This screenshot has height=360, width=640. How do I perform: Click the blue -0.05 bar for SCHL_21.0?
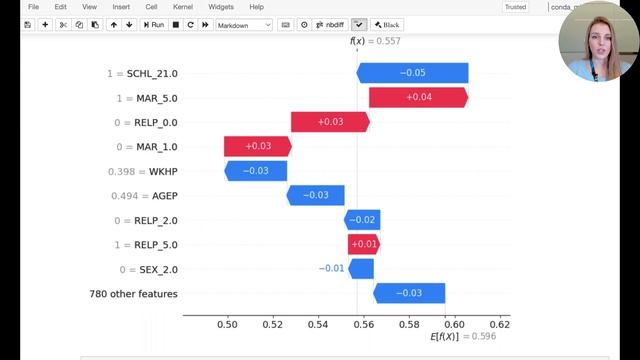[x=412, y=73]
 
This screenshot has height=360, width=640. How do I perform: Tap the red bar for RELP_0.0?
[x=330, y=122]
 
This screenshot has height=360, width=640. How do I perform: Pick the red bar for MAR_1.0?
[x=258, y=146]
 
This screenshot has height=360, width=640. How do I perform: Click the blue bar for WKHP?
[x=256, y=171]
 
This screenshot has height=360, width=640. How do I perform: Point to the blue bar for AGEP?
[x=315, y=195]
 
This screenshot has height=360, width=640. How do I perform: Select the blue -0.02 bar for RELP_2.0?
[x=362, y=220]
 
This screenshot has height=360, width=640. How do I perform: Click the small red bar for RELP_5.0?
[x=363, y=244]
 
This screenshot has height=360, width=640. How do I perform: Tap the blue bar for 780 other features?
[x=409, y=293]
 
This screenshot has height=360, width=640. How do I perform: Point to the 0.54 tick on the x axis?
[x=318, y=325]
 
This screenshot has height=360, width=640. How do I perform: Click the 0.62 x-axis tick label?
[x=499, y=325]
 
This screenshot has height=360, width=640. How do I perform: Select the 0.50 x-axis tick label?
[x=227, y=325]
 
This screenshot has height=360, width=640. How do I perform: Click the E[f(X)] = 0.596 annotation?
[x=461, y=338]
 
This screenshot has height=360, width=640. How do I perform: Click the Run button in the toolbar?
[x=154, y=24]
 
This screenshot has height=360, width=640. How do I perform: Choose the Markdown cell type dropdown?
[x=244, y=24]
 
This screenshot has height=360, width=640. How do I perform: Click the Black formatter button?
[x=386, y=24]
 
